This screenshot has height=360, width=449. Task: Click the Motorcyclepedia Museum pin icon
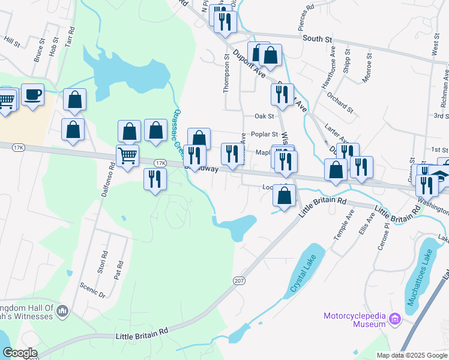pos(395,319)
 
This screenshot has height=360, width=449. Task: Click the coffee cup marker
pos(32,95)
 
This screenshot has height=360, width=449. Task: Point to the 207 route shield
pos(239,280)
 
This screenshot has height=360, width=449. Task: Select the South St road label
pos(318,39)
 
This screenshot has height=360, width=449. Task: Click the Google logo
pos(19,353)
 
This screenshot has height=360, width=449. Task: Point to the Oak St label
pos(264,116)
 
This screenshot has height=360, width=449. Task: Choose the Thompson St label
pos(226,73)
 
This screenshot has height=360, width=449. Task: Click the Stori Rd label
pos(103,263)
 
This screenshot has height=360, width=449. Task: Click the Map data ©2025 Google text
pos(412,355)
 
